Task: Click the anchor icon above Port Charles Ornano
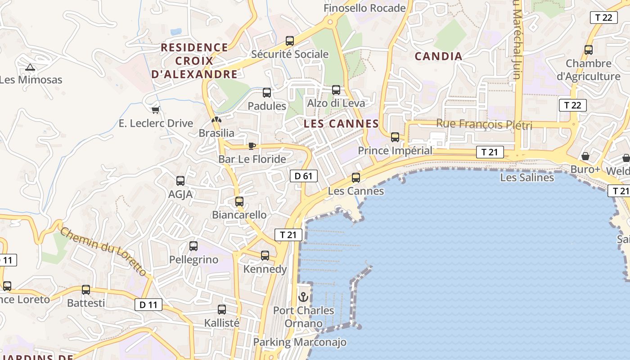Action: point(303,297)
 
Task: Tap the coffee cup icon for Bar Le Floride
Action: point(252,145)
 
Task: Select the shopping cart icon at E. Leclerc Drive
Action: point(156,109)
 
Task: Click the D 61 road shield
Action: point(303,176)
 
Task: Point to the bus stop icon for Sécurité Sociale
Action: point(290,41)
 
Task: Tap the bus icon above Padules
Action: point(267,93)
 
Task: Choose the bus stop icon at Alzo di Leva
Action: point(336,90)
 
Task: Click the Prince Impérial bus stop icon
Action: point(395,137)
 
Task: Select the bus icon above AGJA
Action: point(180,181)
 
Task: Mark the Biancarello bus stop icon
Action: point(239,202)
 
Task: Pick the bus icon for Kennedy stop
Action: point(265,256)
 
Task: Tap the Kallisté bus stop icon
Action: point(222,310)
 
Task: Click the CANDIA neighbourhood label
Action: point(438,56)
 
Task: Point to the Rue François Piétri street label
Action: point(484,125)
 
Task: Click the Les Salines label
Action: point(527,178)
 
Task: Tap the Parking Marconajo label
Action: point(300,342)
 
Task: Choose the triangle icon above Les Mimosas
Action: point(30,67)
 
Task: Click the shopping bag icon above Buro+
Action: point(585,156)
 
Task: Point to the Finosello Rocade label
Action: point(364,8)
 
